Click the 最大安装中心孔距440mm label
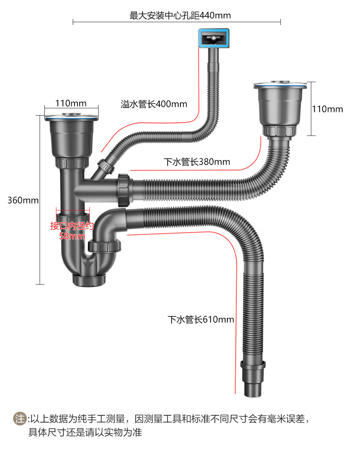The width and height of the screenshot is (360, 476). pyautogui.click(x=180, y=15)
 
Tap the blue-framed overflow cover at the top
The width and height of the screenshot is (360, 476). pyautogui.click(x=214, y=38)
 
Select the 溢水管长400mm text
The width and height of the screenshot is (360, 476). pyautogui.click(x=154, y=104)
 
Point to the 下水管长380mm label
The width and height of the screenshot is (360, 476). pyautogui.click(x=197, y=162)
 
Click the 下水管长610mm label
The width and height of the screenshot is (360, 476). pyautogui.click(x=201, y=319)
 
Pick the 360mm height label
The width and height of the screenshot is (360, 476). pyautogui.click(x=23, y=200)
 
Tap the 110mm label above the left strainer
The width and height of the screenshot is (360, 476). pyautogui.click(x=71, y=103)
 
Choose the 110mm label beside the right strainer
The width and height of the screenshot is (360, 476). pyautogui.click(x=327, y=109)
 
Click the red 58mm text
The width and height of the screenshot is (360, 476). pyautogui.click(x=72, y=236)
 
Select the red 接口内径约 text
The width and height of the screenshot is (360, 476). pyautogui.click(x=72, y=226)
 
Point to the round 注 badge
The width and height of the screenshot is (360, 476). pyautogui.click(x=20, y=419)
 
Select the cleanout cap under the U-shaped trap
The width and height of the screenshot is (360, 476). pyautogui.click(x=89, y=280)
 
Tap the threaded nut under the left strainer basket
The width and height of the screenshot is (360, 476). pyautogui.click(x=72, y=162)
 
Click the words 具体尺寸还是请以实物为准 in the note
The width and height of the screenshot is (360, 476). pyautogui.click(x=85, y=432)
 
